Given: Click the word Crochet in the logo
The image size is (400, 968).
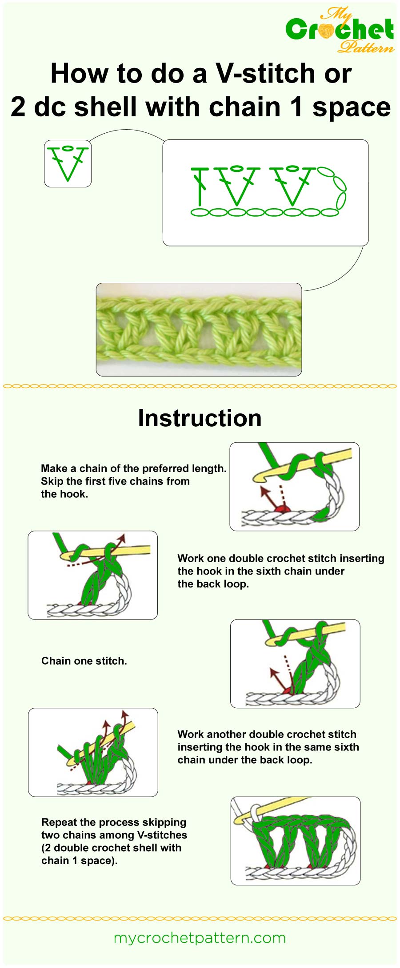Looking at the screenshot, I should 340,30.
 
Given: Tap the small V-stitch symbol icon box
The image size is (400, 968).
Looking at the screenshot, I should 68,163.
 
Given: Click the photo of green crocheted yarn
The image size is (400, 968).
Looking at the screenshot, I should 199,329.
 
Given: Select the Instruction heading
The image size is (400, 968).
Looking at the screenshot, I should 200,418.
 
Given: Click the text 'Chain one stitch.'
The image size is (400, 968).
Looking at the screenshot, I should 84,661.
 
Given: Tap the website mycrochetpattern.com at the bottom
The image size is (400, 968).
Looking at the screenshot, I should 200,938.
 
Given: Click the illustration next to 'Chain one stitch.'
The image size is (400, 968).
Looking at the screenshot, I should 295,663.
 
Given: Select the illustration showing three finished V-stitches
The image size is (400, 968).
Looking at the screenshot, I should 295,841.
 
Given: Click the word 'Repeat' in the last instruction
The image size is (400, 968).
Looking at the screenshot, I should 56,822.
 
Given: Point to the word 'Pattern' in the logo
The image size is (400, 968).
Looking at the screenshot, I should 365,46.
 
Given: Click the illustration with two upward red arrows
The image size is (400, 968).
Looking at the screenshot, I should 93,752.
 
